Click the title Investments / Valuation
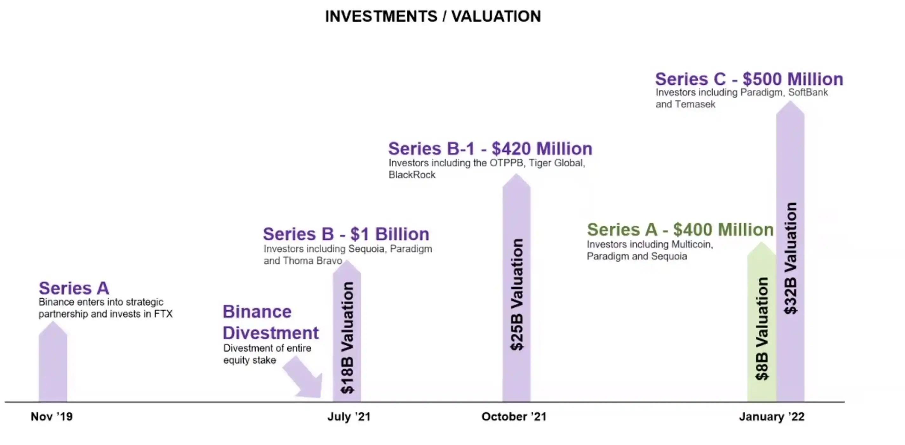click(x=433, y=17)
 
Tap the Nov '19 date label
click(x=52, y=416)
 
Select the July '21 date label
click(x=349, y=417)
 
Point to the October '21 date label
click(x=514, y=417)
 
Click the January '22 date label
click(x=772, y=417)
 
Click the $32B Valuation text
click(x=790, y=258)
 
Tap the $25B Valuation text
click(x=517, y=294)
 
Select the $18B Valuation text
click(x=347, y=337)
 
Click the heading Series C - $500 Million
click(x=749, y=79)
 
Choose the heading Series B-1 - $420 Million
click(x=490, y=149)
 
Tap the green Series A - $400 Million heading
click(x=680, y=230)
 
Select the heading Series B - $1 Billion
click(x=346, y=234)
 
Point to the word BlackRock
click(x=412, y=175)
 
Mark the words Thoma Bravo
click(x=312, y=261)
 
